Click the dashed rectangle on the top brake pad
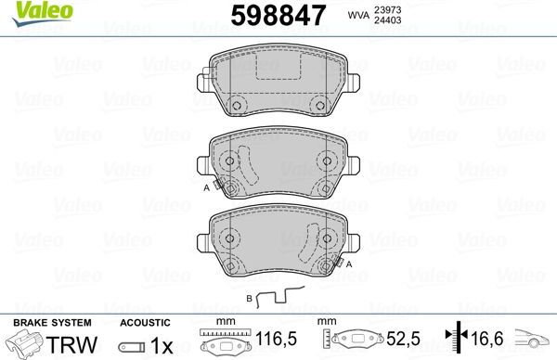278,72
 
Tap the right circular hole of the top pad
320,104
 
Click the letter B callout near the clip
249,299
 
